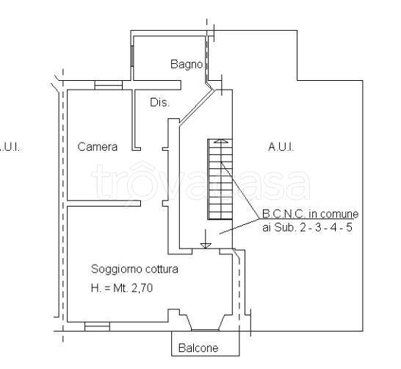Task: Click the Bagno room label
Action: point(187,64)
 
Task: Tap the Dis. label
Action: point(160,103)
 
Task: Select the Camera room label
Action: point(98,146)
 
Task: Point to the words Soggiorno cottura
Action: point(134,269)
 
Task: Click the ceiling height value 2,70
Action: point(142,288)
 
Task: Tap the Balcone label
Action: point(198,348)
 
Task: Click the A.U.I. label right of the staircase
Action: point(281,147)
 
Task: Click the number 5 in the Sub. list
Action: point(350,227)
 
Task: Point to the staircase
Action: point(220,179)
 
